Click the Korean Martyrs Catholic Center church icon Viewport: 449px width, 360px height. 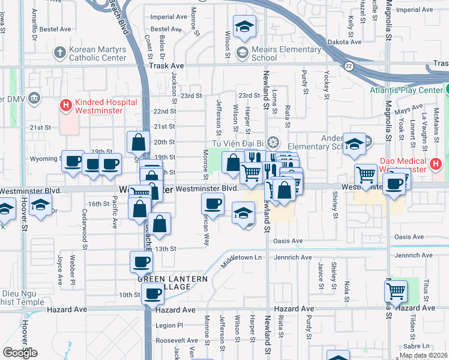(59, 53)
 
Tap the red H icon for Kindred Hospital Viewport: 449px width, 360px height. (66, 106)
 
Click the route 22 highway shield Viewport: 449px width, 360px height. (348, 65)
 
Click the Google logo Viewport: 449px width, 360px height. (20, 352)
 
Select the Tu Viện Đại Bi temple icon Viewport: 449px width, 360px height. (273, 142)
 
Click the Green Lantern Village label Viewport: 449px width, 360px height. (172, 283)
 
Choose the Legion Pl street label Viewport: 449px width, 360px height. (169, 325)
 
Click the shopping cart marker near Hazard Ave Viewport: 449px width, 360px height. (396, 292)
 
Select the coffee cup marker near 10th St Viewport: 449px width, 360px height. (152, 293)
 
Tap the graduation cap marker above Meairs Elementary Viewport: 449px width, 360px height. (244, 26)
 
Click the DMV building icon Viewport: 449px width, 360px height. (34, 98)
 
